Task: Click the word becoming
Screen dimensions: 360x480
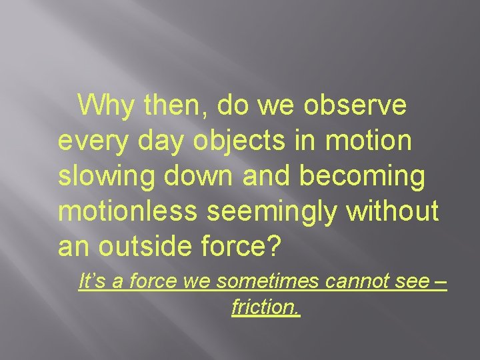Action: pyautogui.click(x=363, y=176)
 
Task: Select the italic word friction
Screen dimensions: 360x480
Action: pyautogui.click(x=266, y=307)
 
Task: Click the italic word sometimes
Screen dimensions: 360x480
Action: pyautogui.click(x=253, y=282)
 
